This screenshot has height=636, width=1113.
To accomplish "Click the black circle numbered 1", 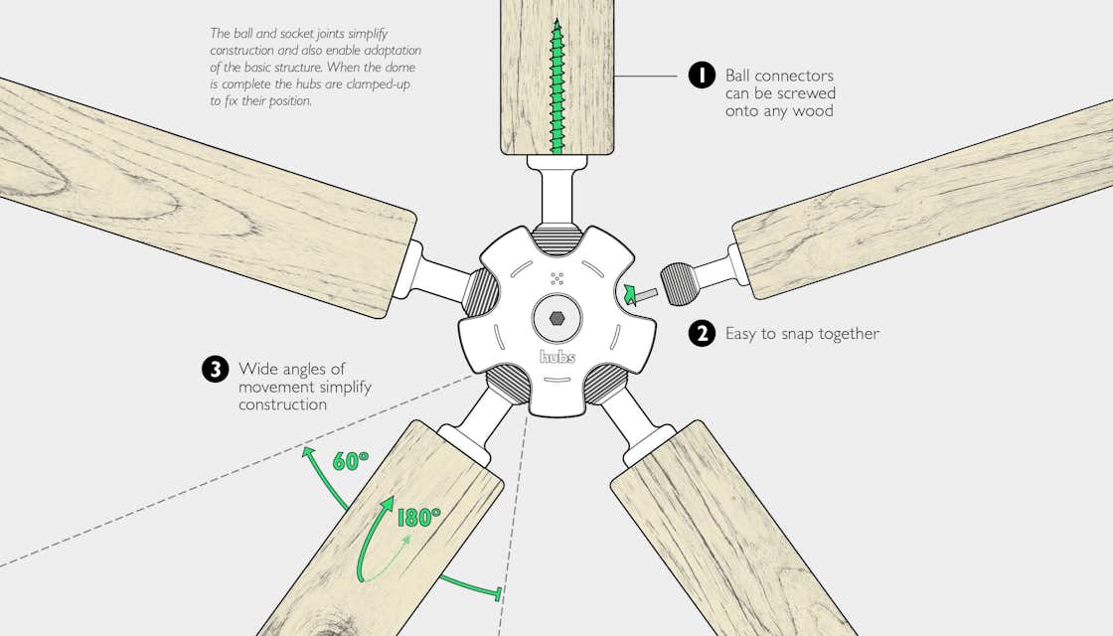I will tap(702, 76).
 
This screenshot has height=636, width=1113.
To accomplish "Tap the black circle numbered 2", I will tap(702, 333).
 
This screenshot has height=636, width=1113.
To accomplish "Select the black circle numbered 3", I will tap(215, 369).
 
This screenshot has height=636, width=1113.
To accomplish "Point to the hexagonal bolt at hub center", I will tap(556, 320).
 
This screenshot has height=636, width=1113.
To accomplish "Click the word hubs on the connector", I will tap(556, 356).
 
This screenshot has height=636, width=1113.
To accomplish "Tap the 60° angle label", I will tap(350, 460).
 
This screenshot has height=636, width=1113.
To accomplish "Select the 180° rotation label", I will tap(418, 517).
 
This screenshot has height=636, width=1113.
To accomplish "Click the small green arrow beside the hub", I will tap(628, 292).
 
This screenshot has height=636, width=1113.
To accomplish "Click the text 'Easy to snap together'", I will tap(802, 334).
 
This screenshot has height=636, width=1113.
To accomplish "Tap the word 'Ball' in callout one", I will tap(737, 76).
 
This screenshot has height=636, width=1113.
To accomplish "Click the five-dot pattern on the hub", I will tap(556, 278).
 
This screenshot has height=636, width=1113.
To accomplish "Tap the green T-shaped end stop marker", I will tap(496, 595).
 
